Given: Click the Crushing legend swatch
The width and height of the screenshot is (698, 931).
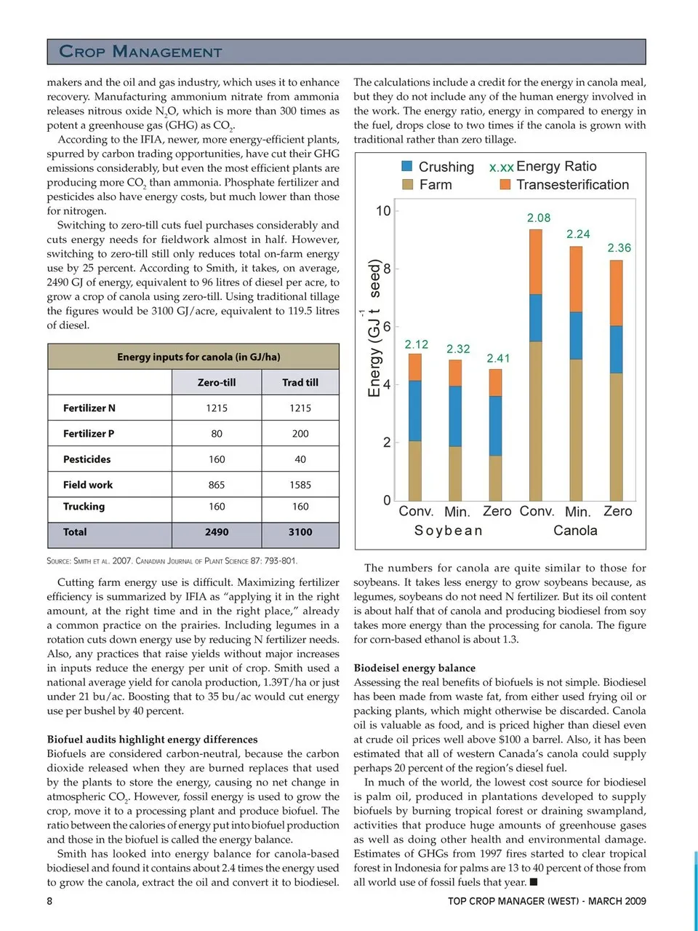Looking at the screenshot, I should pos(407,167).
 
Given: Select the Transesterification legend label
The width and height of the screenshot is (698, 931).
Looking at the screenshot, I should pos(572,185).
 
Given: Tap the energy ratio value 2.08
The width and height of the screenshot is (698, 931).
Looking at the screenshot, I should pos(539,218).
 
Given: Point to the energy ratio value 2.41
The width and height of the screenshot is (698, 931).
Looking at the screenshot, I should pos(498,358).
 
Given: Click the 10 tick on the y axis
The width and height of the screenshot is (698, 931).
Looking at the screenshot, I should pos(383,211).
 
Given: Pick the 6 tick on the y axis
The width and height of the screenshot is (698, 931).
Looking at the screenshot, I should pos(387,327).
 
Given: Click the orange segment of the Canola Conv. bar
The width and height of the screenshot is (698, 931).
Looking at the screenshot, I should pos(536,262).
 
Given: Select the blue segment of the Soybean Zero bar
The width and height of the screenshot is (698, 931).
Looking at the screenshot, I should pos(495,426).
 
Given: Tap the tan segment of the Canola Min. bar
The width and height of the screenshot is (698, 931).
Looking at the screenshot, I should pos(576,429).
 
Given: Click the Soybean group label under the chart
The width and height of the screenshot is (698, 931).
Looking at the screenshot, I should pos(448,531).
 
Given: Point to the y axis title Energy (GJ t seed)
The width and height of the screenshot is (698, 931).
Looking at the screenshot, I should pos(374,328).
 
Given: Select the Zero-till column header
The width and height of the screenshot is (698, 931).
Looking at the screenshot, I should pos(217,382).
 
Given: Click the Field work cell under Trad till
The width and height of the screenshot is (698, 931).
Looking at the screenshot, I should pos(300,485).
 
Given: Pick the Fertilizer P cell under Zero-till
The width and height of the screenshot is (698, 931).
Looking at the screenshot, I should pos(217,434).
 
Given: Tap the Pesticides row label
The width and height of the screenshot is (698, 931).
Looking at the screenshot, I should pos(87,459).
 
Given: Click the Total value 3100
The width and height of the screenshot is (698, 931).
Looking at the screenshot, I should pos(300,532).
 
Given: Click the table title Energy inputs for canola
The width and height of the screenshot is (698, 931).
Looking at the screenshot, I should pos(198,357).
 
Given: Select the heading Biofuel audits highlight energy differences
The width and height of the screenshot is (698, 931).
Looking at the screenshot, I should pos(153,740).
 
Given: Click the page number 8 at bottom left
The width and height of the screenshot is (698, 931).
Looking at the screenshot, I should pos(50,901).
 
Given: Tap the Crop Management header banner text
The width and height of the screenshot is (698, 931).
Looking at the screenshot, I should pos(140,52).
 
